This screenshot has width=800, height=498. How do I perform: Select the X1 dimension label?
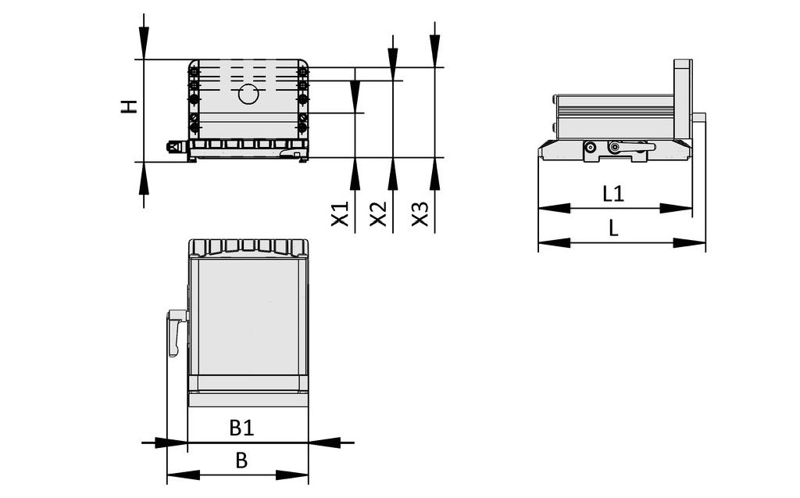click(x=340, y=213)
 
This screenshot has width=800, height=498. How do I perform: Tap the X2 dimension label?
click(x=378, y=213)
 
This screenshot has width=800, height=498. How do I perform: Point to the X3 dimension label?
click(x=420, y=213)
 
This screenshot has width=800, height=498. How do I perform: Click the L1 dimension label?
click(x=613, y=193)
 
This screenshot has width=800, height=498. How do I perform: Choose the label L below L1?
click(x=613, y=228)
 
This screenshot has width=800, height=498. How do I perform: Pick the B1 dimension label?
click(x=241, y=428)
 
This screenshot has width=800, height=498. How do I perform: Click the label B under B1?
click(x=241, y=461)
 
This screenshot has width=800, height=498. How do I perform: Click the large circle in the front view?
click(x=248, y=95)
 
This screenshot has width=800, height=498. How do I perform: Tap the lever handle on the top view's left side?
click(x=175, y=332)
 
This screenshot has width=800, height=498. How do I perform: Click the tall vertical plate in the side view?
click(x=682, y=98)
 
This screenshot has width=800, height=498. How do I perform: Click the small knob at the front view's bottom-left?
click(x=173, y=146)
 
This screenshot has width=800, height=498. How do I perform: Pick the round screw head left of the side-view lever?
click(x=590, y=147)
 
